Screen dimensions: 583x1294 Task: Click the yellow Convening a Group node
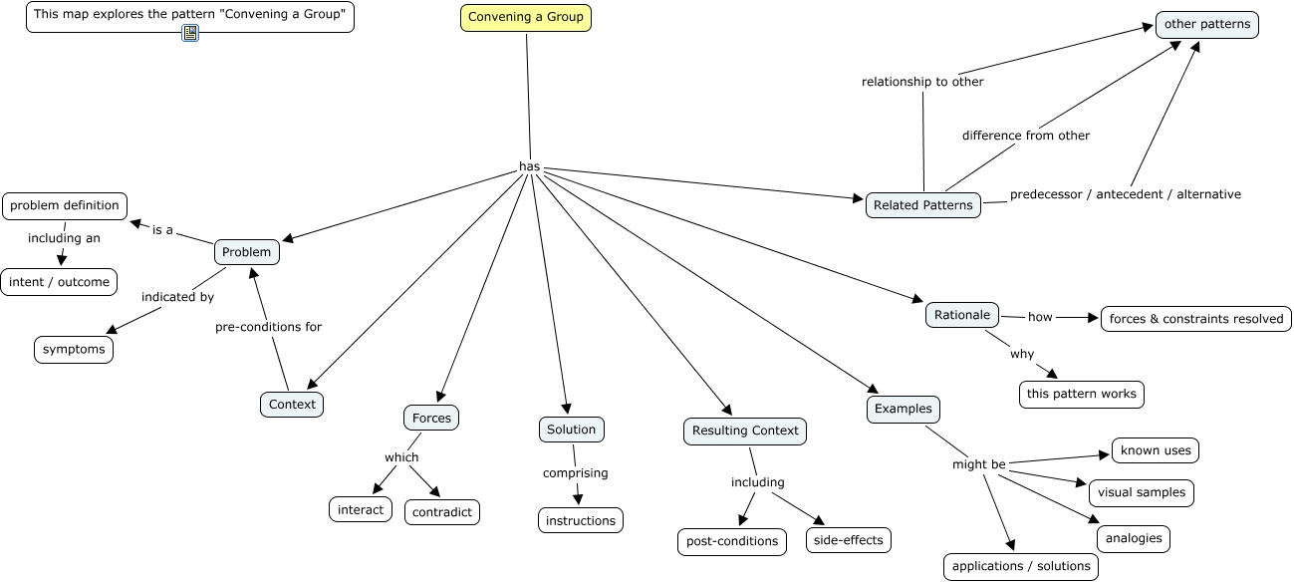[x=526, y=18]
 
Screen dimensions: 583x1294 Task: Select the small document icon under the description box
[x=190, y=33]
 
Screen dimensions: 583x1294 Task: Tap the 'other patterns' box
[x=1206, y=25]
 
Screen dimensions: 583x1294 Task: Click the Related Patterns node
[x=922, y=205]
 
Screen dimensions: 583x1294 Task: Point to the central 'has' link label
[x=530, y=166]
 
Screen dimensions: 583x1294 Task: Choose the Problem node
[x=246, y=252]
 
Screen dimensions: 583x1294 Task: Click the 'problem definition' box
[x=65, y=205]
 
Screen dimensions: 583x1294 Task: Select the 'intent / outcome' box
[x=59, y=282]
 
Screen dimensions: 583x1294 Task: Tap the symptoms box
[x=74, y=350]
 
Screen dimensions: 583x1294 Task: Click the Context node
[x=292, y=404]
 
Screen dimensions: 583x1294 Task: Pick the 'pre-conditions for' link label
[x=268, y=327]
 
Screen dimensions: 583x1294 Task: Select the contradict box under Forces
[x=442, y=512]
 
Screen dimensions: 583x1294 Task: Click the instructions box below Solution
[x=581, y=520]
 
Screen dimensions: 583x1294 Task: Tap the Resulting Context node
[x=745, y=431]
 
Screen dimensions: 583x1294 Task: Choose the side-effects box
[x=849, y=539]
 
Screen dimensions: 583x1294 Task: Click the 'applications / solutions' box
[x=1021, y=566]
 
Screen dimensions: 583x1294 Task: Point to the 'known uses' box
[x=1156, y=450]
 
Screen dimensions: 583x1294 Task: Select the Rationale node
[x=962, y=315]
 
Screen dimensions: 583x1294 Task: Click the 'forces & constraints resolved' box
[x=1196, y=319]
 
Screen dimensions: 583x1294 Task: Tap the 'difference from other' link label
[x=1026, y=136]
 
